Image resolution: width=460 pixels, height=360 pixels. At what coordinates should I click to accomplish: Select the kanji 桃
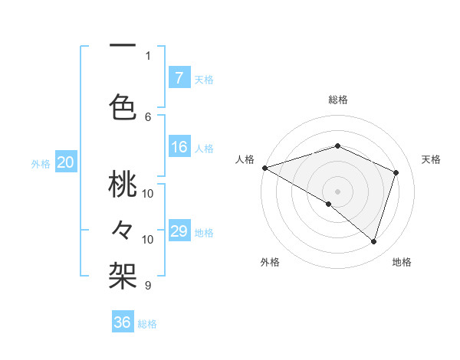point(123,185)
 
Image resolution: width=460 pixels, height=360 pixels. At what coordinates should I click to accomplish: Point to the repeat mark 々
point(123,229)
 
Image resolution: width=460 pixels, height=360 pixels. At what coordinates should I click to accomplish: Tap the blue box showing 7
point(179,77)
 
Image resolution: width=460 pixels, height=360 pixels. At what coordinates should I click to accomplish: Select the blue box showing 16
point(179,147)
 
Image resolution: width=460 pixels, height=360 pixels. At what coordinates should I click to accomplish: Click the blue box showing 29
point(179,231)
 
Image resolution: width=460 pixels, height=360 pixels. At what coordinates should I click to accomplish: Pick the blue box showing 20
point(66,162)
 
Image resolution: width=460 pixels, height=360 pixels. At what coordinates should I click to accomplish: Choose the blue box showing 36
point(123,322)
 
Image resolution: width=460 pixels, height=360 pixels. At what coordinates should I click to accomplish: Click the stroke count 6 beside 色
point(148,116)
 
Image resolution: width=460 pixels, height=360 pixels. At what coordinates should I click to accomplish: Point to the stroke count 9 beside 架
point(148,286)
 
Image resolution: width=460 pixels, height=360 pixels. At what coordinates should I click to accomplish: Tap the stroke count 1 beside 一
point(148,55)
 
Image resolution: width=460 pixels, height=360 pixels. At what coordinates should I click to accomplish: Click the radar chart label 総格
point(337,100)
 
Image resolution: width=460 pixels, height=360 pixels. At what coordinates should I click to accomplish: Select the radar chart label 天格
point(432,159)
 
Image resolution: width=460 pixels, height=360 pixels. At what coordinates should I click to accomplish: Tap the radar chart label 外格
point(270,262)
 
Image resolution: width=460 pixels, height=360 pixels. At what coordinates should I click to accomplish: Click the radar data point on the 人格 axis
point(264,167)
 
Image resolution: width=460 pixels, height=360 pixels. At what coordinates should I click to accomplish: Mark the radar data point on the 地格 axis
point(373,241)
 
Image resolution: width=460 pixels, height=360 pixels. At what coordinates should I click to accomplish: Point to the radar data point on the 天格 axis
point(396,172)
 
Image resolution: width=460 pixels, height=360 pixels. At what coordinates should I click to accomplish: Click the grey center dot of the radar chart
point(337,191)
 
